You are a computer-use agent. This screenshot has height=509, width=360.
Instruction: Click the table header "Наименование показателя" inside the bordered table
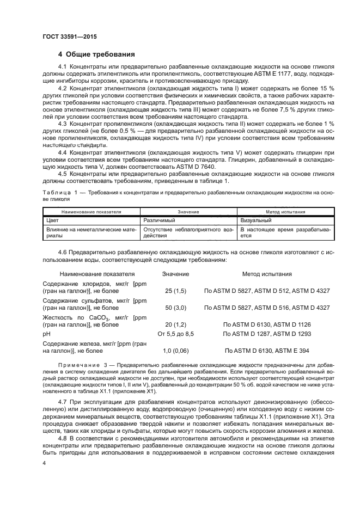[x=91, y=212]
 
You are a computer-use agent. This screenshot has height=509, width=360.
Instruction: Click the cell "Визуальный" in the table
[x=257, y=221]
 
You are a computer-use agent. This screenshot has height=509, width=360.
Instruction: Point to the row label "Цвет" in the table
[x=52, y=221]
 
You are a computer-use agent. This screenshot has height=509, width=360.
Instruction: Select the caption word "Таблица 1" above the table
[x=60, y=193]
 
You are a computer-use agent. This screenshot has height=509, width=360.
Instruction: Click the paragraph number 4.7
[x=62, y=401]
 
